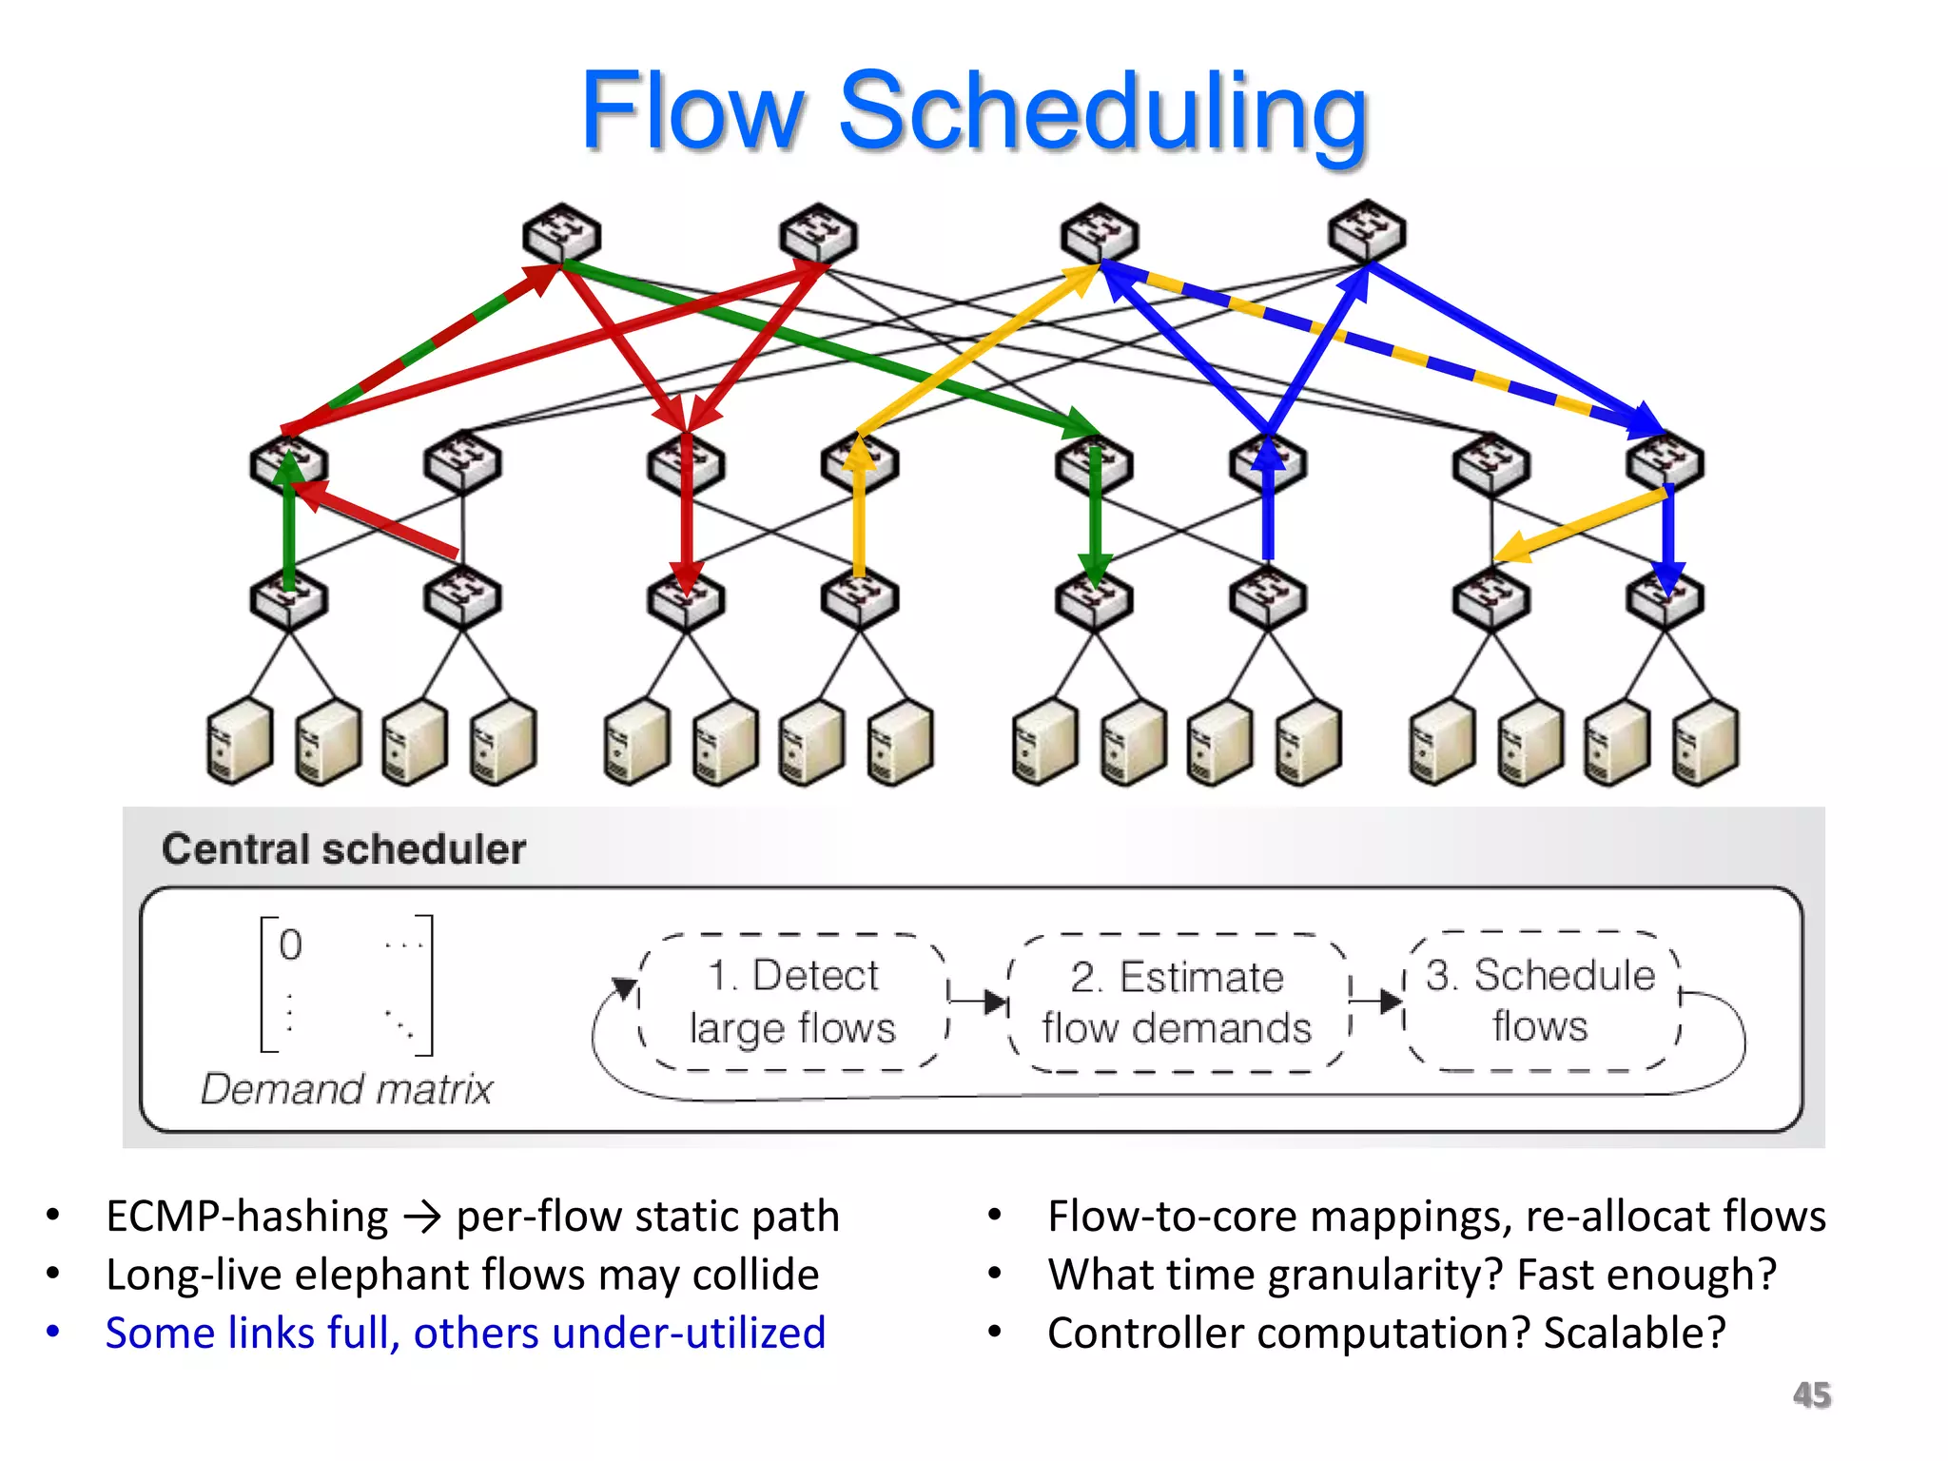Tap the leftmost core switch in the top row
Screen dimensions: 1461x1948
coord(561,233)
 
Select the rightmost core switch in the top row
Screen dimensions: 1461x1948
coord(1367,231)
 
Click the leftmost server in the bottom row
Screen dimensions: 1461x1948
coord(239,741)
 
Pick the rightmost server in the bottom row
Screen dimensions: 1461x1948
coord(1706,742)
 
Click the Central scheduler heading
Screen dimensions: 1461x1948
coord(343,848)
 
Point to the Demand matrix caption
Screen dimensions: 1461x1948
coord(346,1088)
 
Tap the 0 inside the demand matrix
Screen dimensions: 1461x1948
coord(290,945)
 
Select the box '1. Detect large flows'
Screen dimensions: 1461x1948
coord(793,1002)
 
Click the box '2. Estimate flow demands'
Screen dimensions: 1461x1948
coord(1177,1003)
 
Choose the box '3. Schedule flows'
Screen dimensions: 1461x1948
coord(1540,1001)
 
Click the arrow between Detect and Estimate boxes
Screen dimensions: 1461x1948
coord(979,1001)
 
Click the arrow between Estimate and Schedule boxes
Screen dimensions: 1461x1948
coord(1377,1001)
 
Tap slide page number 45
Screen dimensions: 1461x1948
coord(1811,1394)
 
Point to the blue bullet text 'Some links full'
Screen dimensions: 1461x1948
coord(252,1333)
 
